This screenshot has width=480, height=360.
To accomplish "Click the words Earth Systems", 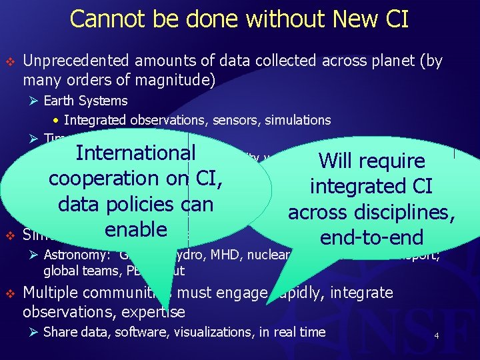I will point(85,101).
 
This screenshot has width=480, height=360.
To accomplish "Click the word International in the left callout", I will point(135,153).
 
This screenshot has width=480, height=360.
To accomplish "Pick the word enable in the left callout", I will point(135,229).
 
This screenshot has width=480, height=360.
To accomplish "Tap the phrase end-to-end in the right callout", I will point(371,238).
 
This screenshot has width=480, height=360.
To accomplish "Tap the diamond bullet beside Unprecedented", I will point(9,61).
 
